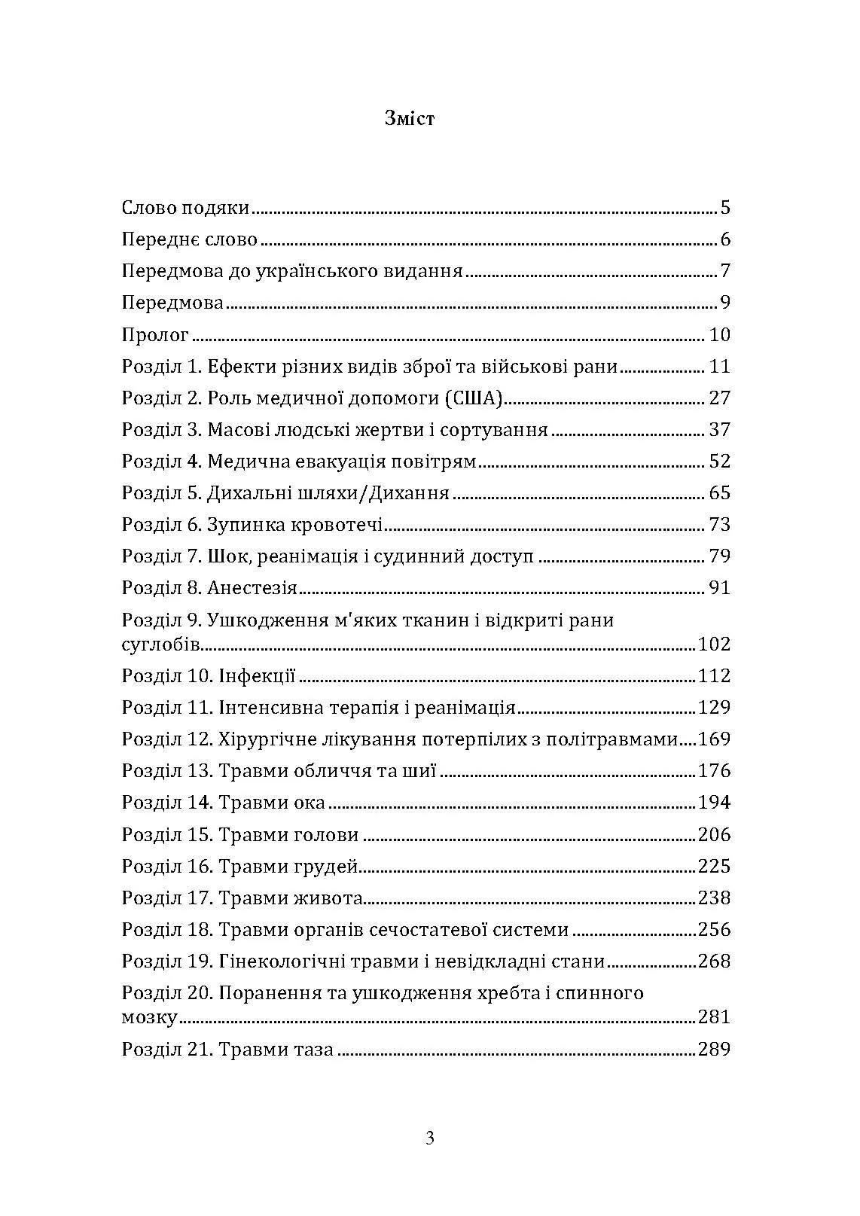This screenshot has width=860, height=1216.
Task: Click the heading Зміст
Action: tap(409, 118)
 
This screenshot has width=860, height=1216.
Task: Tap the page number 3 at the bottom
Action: tap(430, 1138)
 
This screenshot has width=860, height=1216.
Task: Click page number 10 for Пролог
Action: tap(719, 335)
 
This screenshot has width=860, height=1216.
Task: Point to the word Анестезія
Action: tap(252, 588)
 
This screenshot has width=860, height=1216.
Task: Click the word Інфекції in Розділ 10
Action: tap(257, 675)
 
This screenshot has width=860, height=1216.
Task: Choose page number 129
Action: tap(714, 707)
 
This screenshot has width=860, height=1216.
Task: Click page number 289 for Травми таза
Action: tap(714, 1049)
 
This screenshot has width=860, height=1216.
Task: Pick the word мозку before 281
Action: tap(149, 1018)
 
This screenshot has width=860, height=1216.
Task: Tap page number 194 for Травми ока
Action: tap(714, 803)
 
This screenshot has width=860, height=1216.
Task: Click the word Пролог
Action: tap(155, 335)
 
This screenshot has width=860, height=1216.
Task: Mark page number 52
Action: tap(719, 462)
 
